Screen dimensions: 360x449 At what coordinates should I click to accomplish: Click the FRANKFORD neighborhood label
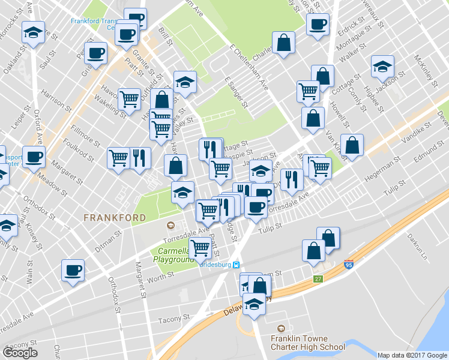114,217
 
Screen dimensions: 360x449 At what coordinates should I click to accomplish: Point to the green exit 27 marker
318,279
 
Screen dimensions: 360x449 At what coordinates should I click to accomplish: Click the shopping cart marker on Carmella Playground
200,248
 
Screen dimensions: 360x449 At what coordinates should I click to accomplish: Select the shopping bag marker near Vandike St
352,146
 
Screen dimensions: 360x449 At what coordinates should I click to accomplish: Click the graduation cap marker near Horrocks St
34,32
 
